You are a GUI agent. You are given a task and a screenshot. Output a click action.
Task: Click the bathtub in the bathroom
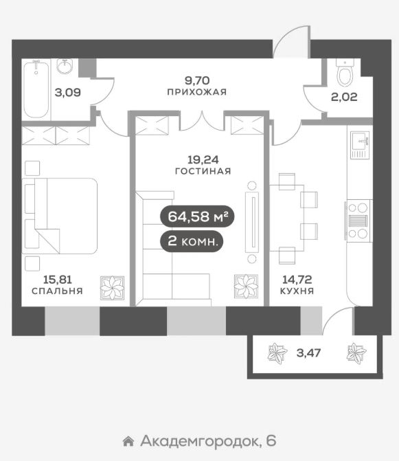click(36, 89)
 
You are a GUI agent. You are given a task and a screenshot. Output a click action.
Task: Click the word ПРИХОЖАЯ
click(196, 92)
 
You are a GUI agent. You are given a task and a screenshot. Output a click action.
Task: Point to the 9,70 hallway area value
click(196, 80)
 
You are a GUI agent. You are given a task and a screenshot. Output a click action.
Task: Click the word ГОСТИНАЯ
click(203, 171)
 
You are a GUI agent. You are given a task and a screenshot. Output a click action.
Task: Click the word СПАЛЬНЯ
click(57, 291)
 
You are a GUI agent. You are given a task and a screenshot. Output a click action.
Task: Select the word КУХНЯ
click(298, 291)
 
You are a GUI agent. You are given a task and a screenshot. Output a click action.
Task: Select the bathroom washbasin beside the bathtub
click(66, 67)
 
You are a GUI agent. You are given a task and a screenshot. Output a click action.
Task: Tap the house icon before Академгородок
click(127, 440)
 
